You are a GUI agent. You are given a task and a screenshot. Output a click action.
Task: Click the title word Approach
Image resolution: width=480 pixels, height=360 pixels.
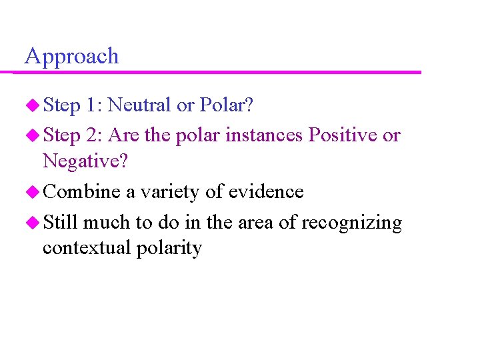(x=71, y=57)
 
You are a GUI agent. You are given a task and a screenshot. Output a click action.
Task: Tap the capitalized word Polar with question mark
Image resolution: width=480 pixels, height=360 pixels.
(x=226, y=105)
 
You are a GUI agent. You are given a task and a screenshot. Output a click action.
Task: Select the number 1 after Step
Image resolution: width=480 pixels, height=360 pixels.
(x=92, y=105)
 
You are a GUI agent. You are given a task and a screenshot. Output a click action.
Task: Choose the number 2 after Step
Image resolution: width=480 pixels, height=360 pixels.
(x=92, y=135)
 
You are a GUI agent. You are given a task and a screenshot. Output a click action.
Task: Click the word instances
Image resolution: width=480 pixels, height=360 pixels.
(x=263, y=135)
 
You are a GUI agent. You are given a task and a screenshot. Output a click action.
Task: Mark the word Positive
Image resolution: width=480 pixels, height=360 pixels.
(x=340, y=135)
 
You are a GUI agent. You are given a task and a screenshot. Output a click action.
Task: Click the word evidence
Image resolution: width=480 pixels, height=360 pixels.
(x=266, y=192)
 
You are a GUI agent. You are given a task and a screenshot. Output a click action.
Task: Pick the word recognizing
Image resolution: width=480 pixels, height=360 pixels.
(x=351, y=223)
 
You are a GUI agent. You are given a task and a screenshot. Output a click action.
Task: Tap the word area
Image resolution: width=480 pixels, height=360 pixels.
(x=255, y=222)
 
